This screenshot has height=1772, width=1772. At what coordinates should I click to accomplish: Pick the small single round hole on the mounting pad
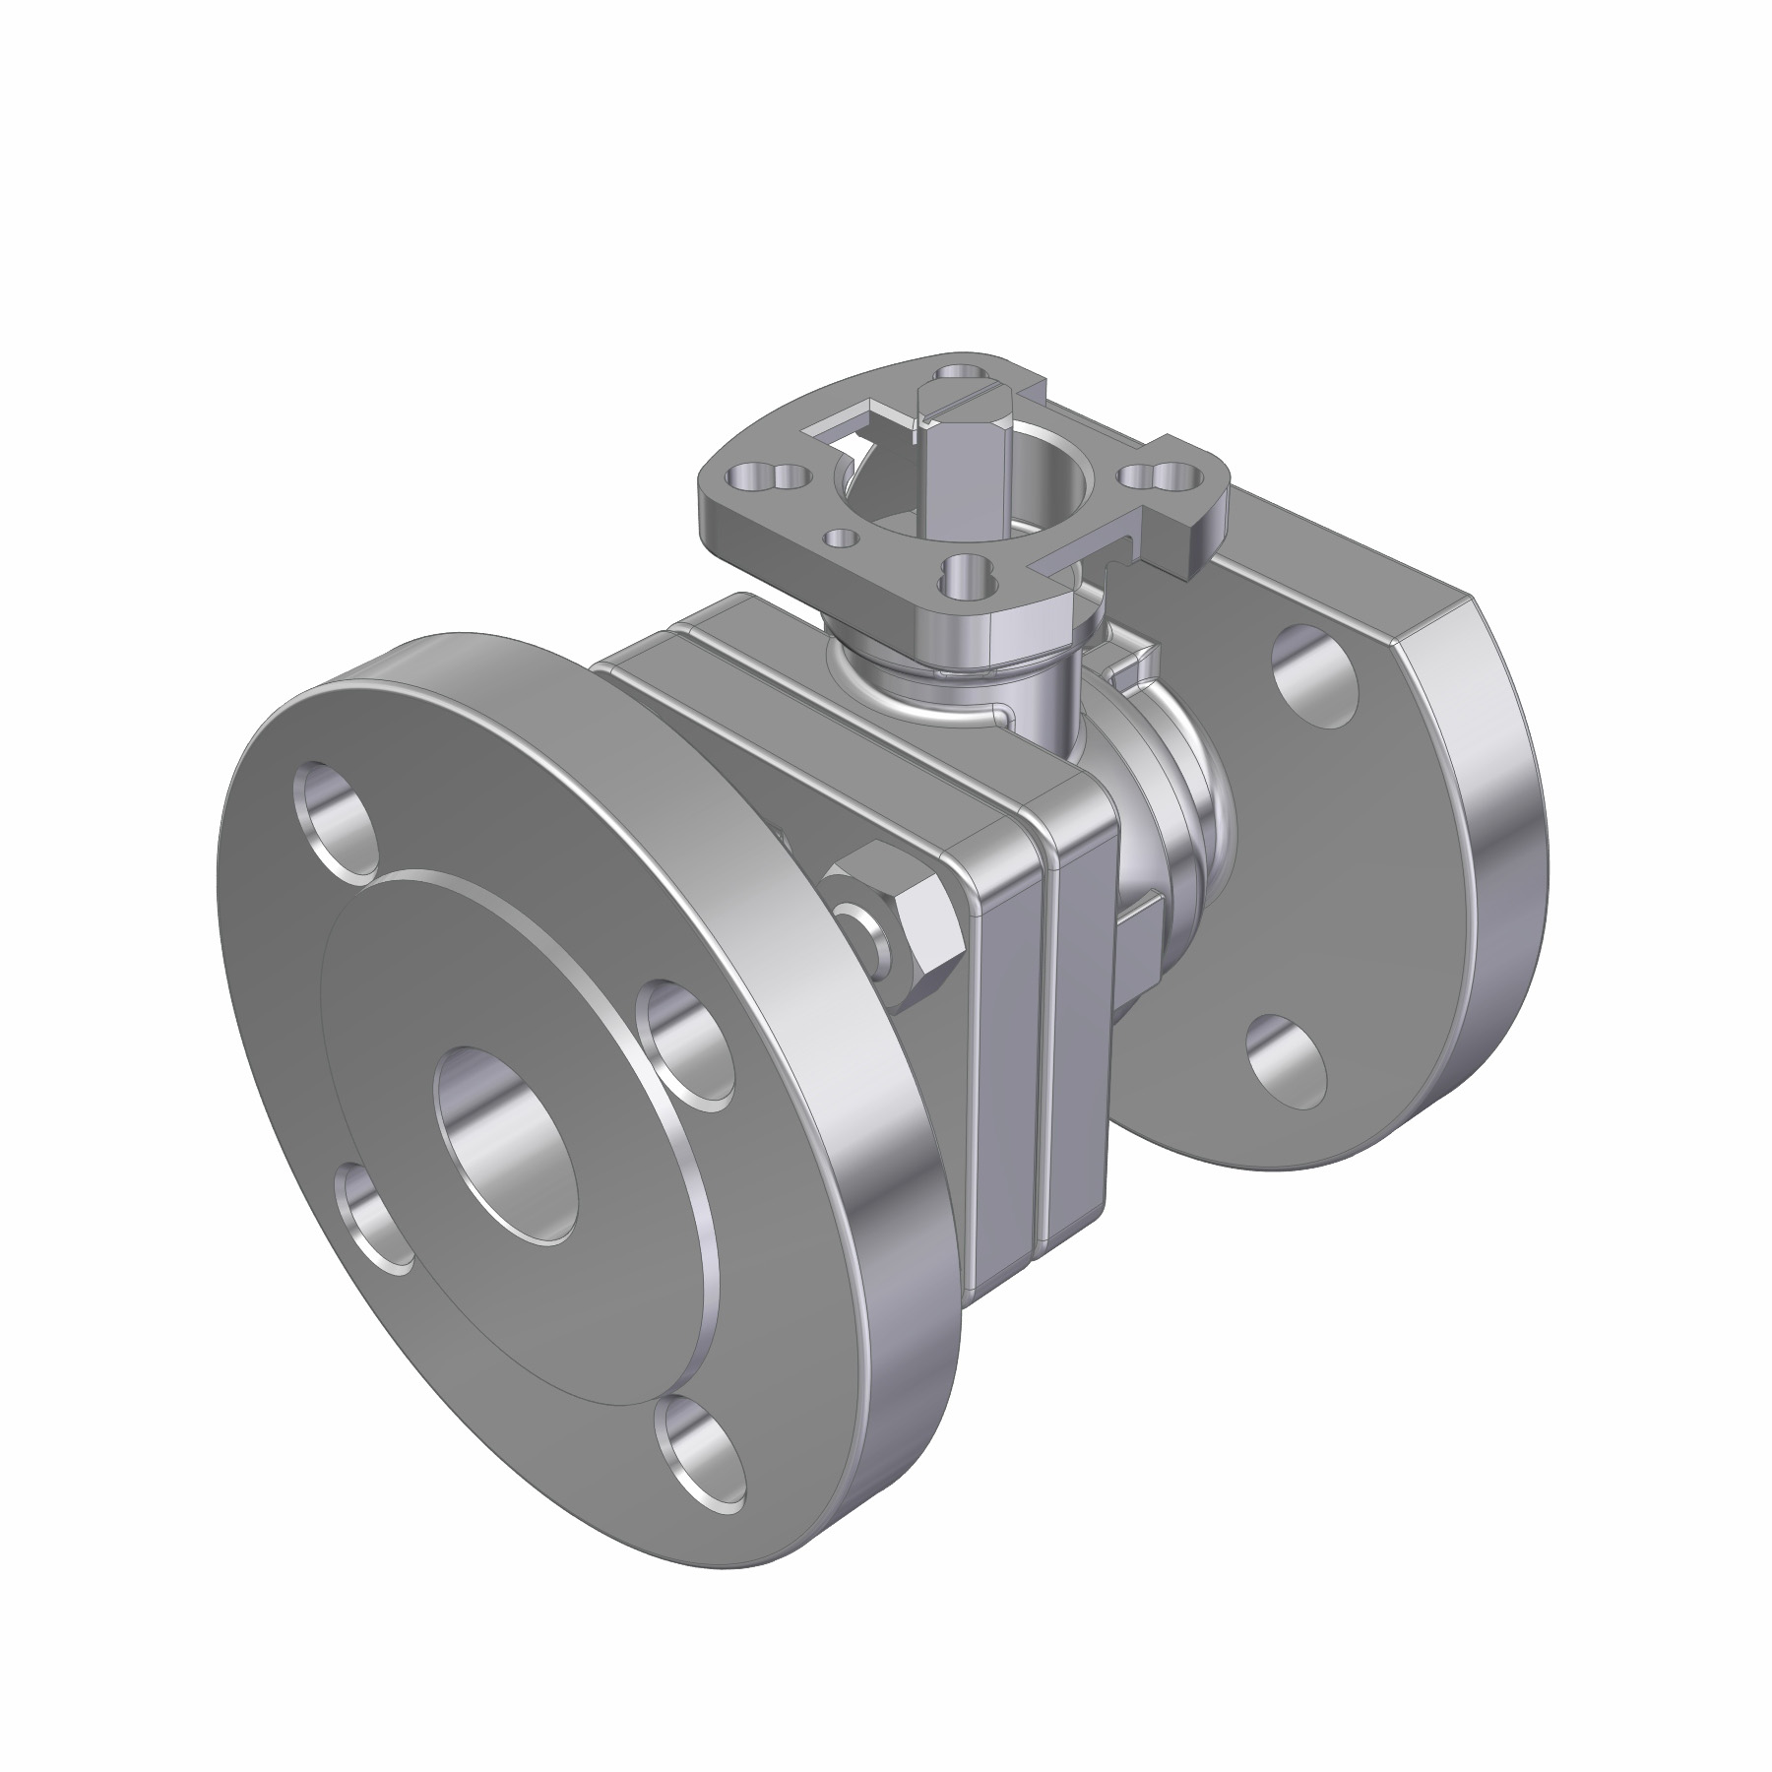coord(842,538)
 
